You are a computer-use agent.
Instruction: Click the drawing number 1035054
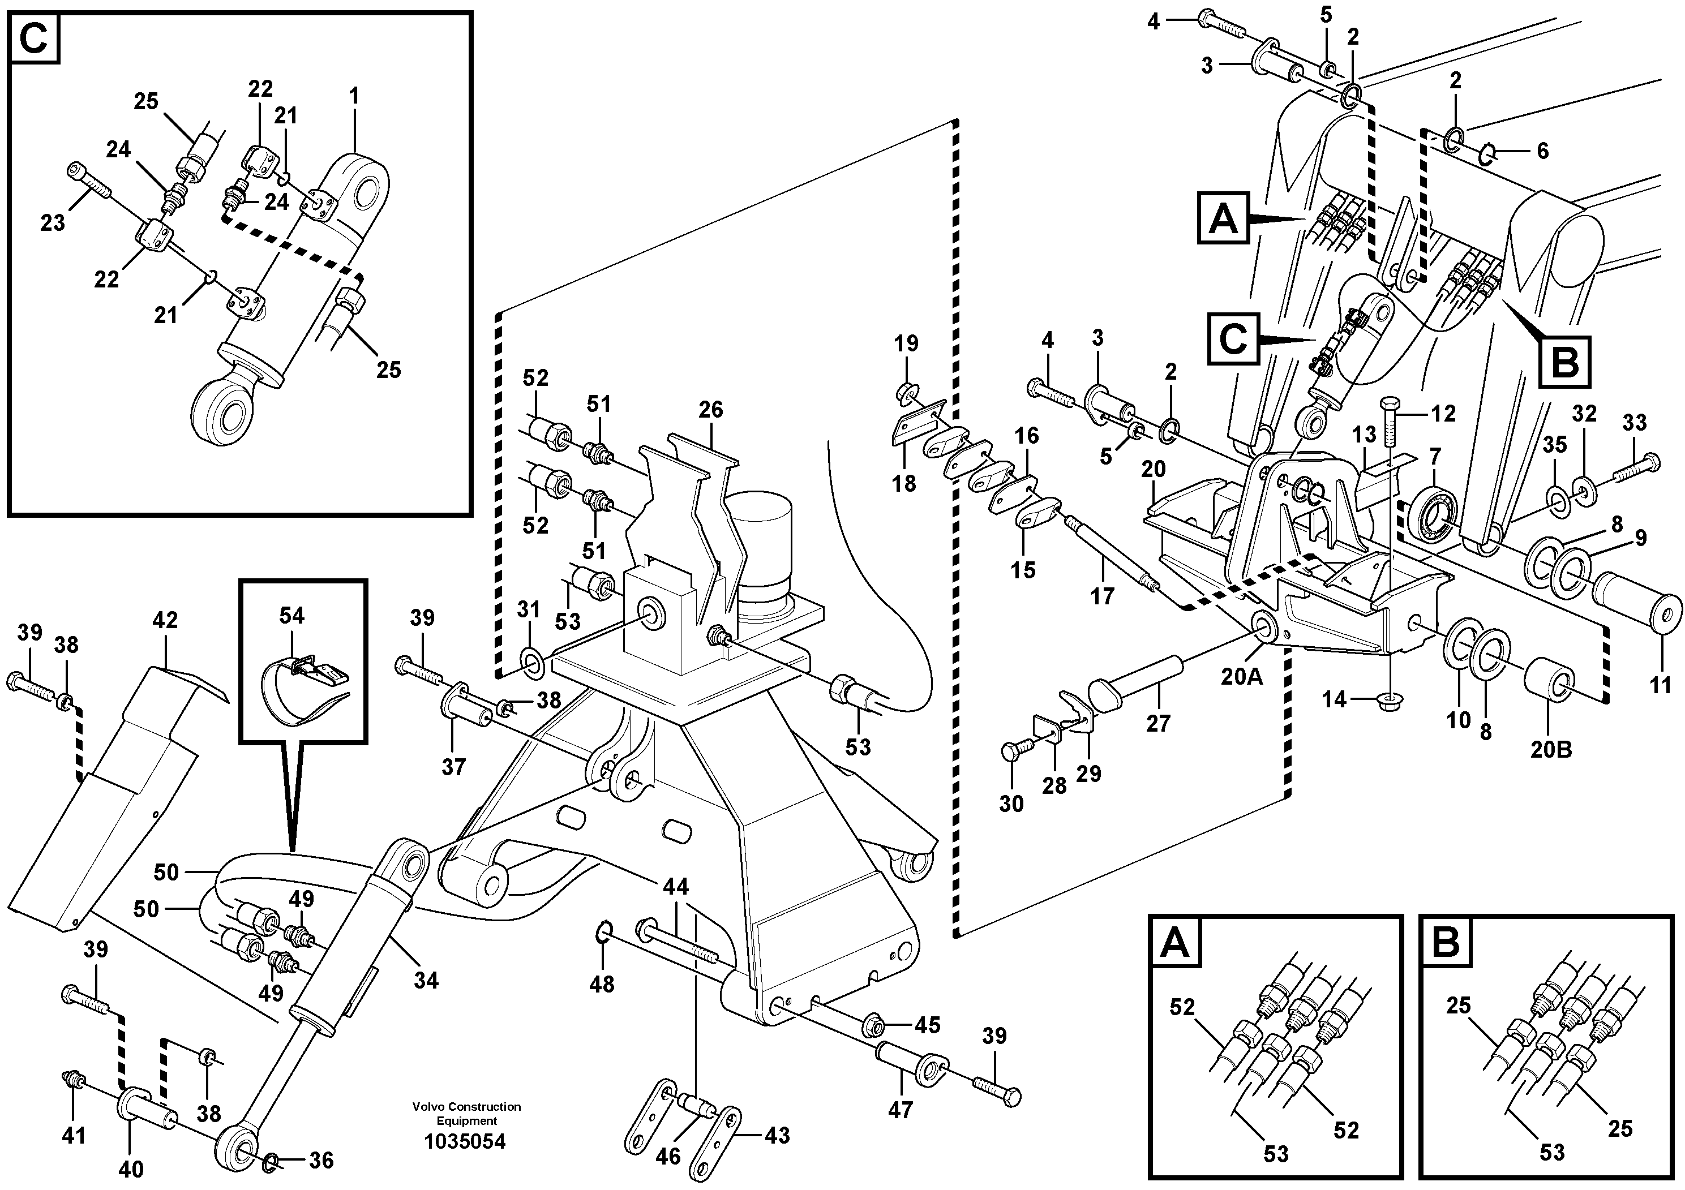[x=465, y=1142]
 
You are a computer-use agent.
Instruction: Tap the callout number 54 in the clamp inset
[x=291, y=616]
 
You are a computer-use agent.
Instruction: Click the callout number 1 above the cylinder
[x=354, y=96]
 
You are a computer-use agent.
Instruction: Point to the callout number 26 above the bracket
[x=710, y=409]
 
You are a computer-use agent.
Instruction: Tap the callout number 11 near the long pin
[x=1660, y=685]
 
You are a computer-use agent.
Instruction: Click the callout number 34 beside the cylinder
[x=426, y=980]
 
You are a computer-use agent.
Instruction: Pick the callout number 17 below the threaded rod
[x=1101, y=596]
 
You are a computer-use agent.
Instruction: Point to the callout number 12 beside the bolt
[x=1443, y=414]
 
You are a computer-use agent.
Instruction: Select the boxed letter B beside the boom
[x=1564, y=362]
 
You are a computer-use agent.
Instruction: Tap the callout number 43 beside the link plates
[x=777, y=1135]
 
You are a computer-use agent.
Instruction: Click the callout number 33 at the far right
[x=1635, y=423]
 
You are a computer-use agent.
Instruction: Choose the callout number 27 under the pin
[x=1158, y=723]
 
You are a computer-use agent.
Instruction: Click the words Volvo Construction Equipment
[x=467, y=1113]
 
